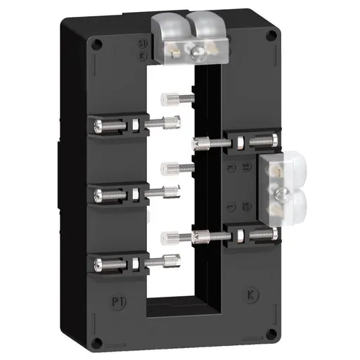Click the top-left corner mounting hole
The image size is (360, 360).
[x=98, y=45]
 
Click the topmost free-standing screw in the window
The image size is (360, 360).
[x=167, y=99]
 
